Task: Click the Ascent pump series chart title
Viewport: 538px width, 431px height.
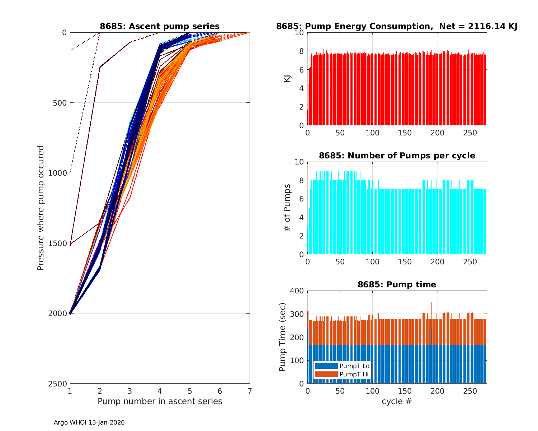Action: click(160, 27)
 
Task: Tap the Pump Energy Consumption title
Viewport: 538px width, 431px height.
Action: click(397, 27)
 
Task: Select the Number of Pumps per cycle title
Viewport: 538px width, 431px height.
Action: click(397, 156)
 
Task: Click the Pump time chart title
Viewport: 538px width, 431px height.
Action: click(397, 284)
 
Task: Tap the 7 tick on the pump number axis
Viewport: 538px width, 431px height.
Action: click(250, 391)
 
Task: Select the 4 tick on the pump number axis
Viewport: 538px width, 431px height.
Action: click(160, 391)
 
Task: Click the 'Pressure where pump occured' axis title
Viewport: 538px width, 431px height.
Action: click(41, 208)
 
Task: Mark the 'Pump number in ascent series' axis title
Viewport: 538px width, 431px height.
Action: click(160, 401)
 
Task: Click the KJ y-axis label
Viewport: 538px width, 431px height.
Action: click(287, 79)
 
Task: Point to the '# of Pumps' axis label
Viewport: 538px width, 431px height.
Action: click(287, 208)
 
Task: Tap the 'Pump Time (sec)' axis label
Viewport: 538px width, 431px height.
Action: click(283, 337)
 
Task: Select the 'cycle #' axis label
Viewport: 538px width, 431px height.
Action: click(397, 401)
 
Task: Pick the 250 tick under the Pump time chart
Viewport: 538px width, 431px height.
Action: click(470, 391)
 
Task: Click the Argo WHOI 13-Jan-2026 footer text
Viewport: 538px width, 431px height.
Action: click(89, 423)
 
